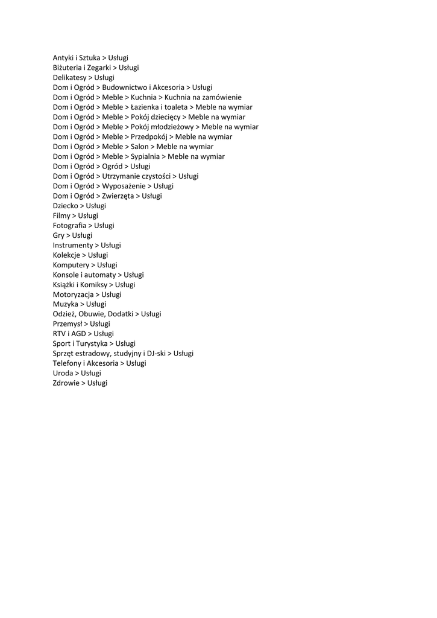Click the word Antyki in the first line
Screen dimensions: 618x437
[64, 58]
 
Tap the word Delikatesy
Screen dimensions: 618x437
[69, 78]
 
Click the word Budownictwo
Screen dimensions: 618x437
[125, 88]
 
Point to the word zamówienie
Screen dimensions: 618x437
[220, 97]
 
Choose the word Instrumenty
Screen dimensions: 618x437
[73, 246]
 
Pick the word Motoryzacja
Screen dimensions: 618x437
[73, 295]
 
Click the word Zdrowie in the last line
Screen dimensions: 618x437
[66, 383]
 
